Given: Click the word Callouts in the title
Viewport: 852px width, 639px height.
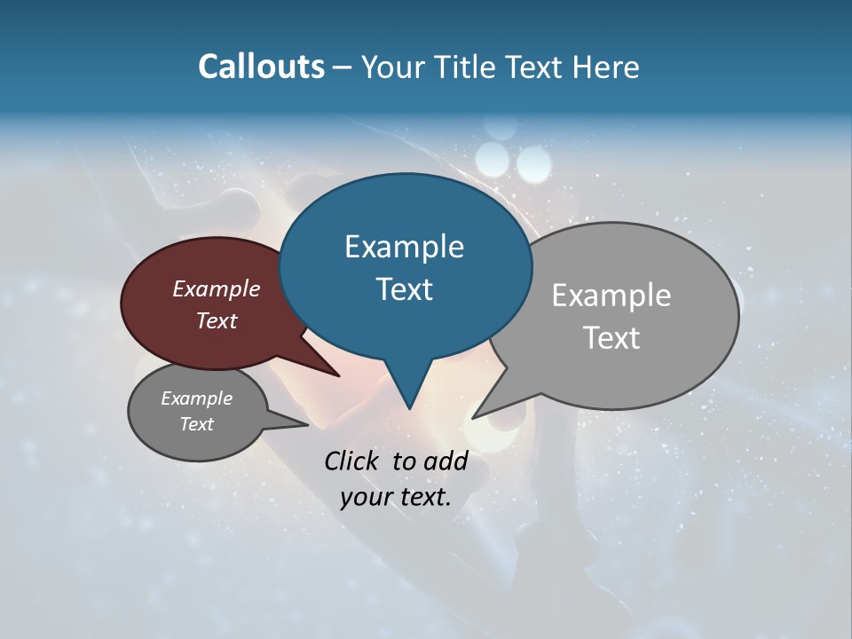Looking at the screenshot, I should pyautogui.click(x=262, y=67).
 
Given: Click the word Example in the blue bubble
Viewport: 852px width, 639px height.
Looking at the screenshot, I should pyautogui.click(x=404, y=247).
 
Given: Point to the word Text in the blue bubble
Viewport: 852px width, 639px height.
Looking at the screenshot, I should pyautogui.click(x=404, y=289).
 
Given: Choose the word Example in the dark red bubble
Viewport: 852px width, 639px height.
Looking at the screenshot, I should pyautogui.click(x=217, y=289).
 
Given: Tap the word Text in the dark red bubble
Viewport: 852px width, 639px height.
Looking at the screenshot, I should pyautogui.click(x=217, y=321).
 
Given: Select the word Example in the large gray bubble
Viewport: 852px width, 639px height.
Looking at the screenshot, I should pyautogui.click(x=611, y=296).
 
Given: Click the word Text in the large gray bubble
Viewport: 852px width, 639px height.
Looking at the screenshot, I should pyautogui.click(x=611, y=338).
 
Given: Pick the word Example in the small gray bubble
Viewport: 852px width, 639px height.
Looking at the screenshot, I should pyautogui.click(x=196, y=398).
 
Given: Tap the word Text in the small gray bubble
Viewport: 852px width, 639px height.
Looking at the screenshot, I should pyautogui.click(x=196, y=424).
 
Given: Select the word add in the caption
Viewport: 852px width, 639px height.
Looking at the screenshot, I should pyautogui.click(x=446, y=461).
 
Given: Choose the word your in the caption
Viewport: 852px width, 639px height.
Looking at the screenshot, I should pyautogui.click(x=366, y=497).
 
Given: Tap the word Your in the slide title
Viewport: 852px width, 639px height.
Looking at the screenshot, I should pyautogui.click(x=395, y=67).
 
